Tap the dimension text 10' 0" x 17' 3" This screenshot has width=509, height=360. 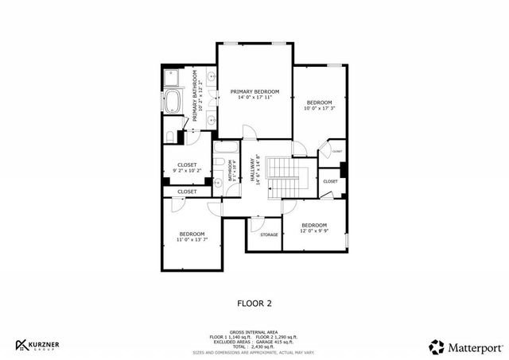coord(319,109)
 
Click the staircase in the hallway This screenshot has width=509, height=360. coord(279,174)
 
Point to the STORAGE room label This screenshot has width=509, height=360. coord(268,235)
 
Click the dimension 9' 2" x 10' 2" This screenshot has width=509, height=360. coord(187,171)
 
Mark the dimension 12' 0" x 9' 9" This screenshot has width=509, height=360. coord(313,231)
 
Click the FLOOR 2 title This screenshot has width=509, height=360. coord(254,303)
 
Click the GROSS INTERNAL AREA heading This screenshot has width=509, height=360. coord(254,333)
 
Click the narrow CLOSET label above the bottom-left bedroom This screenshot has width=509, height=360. coord(187,192)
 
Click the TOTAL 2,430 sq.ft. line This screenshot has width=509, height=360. coord(254,346)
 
